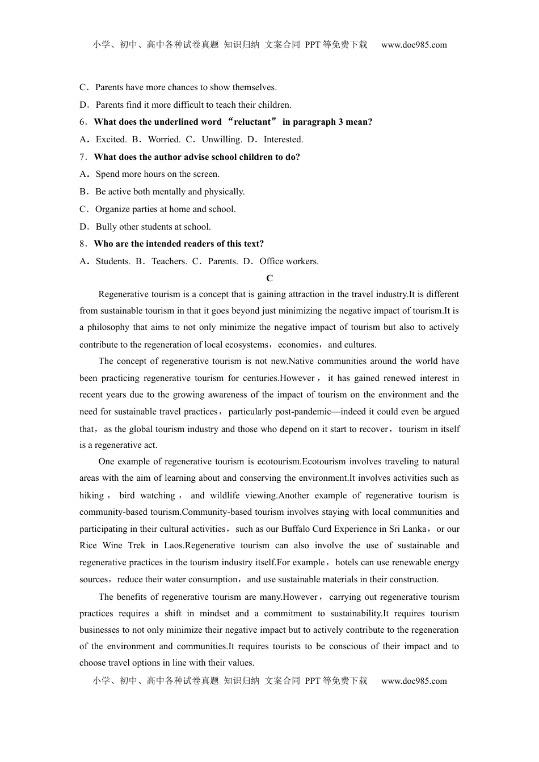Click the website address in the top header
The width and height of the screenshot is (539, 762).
click(414, 45)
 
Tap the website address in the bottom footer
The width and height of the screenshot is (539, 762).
click(414, 681)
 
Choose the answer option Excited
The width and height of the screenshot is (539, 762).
click(111, 139)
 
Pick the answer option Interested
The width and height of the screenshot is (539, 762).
click(283, 139)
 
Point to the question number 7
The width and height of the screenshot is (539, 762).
click(83, 157)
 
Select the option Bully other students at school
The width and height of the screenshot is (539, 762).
click(153, 227)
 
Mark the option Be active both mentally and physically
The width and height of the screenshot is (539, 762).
click(170, 192)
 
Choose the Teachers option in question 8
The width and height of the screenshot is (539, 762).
click(169, 261)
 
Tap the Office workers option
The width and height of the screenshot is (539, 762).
click(289, 261)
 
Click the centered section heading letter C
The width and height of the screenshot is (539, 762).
click(269, 278)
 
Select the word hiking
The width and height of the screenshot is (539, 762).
click(91, 496)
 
